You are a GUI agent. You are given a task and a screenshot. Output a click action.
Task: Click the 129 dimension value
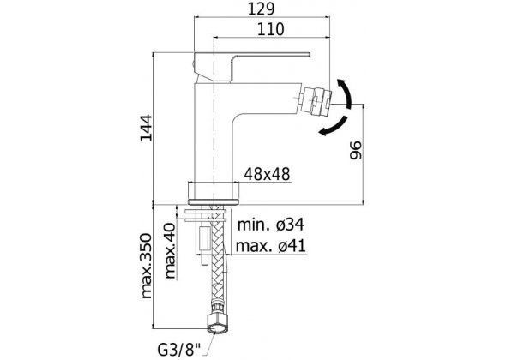[x=261, y=9]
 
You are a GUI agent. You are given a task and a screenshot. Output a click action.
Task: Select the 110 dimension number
[x=271, y=29]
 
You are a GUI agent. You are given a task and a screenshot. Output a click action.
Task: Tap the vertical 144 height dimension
[x=146, y=128]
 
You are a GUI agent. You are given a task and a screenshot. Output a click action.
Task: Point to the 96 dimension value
[x=356, y=150]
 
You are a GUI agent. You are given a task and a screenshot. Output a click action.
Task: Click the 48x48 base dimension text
[x=268, y=175]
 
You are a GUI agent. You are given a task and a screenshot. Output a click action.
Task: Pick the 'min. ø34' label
[x=271, y=225]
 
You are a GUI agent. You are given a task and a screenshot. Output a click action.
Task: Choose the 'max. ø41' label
[x=271, y=246]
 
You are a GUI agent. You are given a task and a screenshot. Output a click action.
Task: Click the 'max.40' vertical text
[x=171, y=251]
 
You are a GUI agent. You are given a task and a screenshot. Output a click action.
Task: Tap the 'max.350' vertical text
[x=146, y=266]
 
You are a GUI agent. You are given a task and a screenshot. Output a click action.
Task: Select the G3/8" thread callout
[x=178, y=350]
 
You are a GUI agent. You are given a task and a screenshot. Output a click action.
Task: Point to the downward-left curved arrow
[x=334, y=126]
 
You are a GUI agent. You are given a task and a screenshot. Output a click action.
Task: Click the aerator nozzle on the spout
[x=316, y=100]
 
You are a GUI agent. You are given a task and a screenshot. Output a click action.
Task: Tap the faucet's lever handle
[x=251, y=64]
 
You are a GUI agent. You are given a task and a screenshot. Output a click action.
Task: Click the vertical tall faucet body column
[x=214, y=132]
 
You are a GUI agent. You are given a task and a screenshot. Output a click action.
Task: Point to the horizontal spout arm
[x=265, y=99]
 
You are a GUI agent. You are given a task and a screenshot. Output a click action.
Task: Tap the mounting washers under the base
[x=207, y=215]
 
